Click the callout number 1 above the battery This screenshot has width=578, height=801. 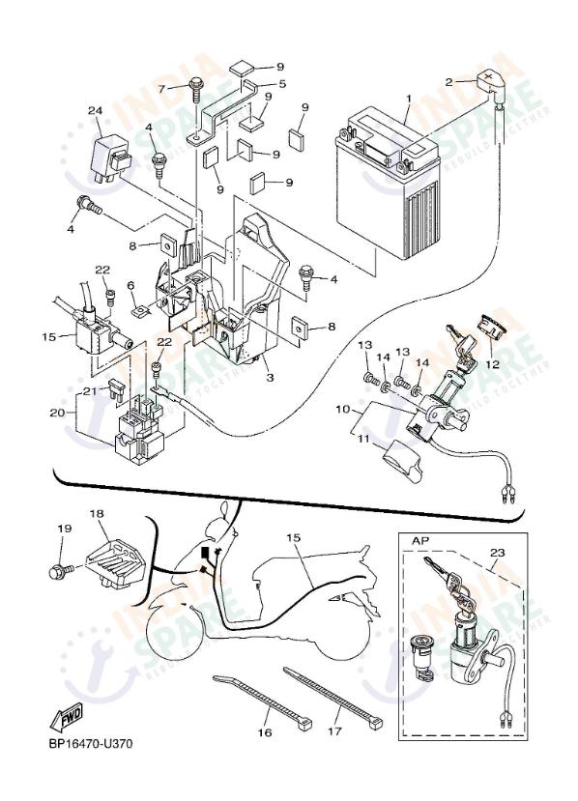(x=408, y=99)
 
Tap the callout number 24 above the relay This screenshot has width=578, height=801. (x=95, y=111)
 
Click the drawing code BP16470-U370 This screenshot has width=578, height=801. (x=90, y=744)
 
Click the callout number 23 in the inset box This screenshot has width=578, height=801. (x=497, y=554)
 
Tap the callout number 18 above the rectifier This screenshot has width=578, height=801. (x=96, y=514)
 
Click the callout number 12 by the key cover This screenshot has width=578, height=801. (x=492, y=364)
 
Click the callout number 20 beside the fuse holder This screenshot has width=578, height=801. (x=56, y=413)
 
